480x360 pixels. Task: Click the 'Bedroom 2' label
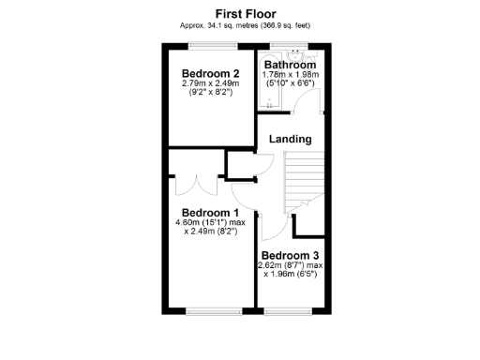(x=210, y=73)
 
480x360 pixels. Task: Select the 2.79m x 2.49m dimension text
(x=210, y=83)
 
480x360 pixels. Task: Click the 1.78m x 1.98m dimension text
(x=290, y=74)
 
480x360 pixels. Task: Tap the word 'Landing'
(x=290, y=139)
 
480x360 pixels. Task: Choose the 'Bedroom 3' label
(x=290, y=255)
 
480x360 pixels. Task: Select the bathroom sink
(x=297, y=53)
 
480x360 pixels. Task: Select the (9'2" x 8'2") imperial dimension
(x=210, y=94)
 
